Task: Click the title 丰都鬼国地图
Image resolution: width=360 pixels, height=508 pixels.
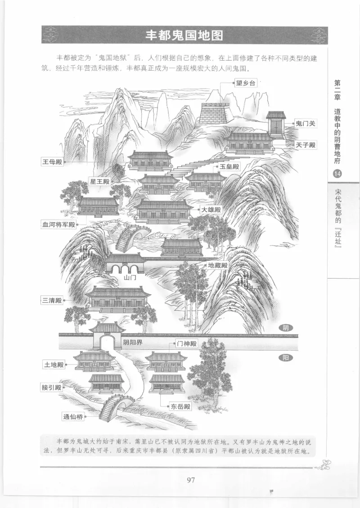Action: point(184,36)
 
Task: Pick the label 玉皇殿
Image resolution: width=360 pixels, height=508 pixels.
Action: point(229,166)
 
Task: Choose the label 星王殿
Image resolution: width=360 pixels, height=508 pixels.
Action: point(100,182)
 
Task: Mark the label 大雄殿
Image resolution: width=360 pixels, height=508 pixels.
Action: point(211,209)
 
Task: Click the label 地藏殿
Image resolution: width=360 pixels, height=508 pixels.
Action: point(218,265)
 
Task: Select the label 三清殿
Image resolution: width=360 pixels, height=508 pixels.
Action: point(52,300)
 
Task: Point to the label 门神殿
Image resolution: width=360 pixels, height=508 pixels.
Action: point(187,344)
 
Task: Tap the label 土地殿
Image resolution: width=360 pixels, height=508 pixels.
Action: point(54,365)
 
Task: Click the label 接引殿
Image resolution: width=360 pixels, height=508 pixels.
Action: point(52,388)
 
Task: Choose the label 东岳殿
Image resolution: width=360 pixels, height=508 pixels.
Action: point(180,406)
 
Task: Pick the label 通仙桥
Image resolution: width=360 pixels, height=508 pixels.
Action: point(73,416)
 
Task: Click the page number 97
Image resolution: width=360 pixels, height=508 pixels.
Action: point(190,480)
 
